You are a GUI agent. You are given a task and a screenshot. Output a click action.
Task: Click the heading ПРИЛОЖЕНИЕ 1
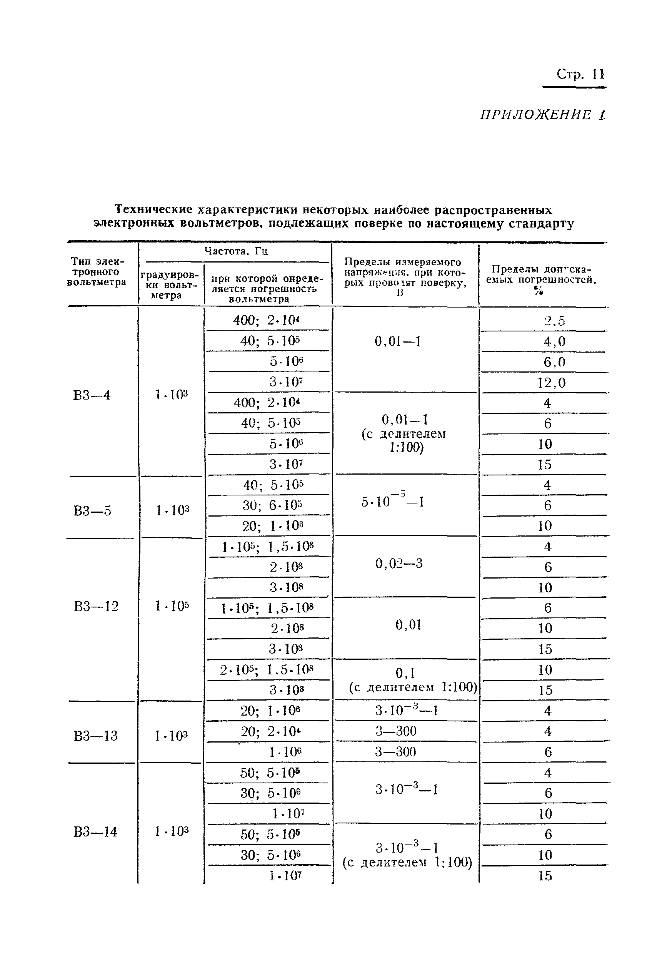(543, 115)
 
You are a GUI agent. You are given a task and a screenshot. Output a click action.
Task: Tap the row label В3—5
(92, 510)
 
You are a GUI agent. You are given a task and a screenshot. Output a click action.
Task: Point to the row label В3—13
(95, 736)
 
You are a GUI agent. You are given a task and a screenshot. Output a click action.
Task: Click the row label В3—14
(95, 832)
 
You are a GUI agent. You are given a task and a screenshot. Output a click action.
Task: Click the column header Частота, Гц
(236, 251)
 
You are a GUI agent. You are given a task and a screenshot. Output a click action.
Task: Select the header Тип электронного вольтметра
(97, 272)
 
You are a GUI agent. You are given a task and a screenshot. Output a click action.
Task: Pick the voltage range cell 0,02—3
(399, 564)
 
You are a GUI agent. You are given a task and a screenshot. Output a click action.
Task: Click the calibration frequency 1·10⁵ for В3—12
(172, 606)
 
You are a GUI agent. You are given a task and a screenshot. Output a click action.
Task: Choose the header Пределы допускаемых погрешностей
(541, 279)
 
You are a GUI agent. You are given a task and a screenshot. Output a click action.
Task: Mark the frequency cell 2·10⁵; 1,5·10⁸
(267, 670)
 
